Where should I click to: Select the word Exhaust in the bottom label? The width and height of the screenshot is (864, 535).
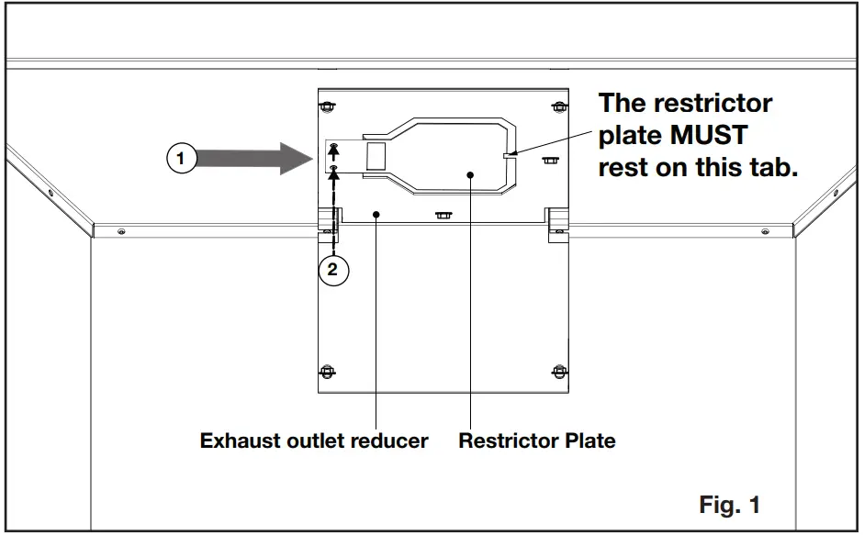click(241, 440)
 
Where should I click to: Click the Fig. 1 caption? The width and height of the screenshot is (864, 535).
click(730, 504)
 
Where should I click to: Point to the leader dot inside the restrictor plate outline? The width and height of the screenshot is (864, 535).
click(470, 173)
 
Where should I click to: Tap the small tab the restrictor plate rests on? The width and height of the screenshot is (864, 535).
click(512, 155)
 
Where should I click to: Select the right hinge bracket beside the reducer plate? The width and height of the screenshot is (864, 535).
click(557, 223)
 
